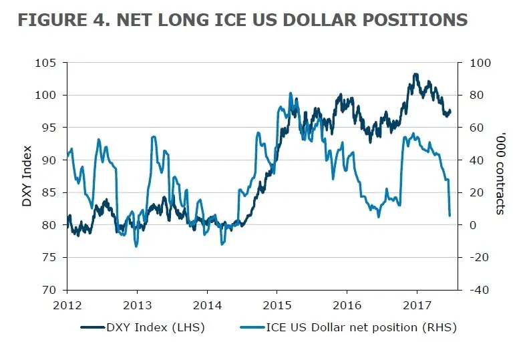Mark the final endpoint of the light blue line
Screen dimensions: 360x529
(x=450, y=215)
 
